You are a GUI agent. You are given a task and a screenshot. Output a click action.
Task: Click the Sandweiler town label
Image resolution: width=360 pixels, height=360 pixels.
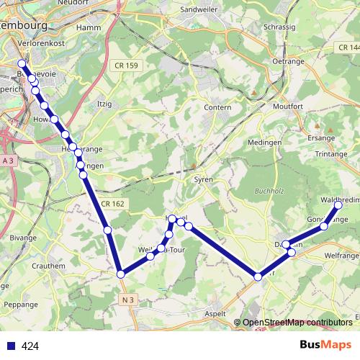click(198, 9)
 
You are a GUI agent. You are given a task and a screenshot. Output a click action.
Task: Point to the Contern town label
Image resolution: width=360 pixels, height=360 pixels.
click(217, 107)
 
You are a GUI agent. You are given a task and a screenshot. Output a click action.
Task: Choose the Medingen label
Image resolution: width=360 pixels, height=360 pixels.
click(264, 143)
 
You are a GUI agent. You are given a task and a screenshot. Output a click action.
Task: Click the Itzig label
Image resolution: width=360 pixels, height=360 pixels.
click(105, 104)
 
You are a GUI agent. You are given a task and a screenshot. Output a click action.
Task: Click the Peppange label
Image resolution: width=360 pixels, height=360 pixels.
click(22, 305)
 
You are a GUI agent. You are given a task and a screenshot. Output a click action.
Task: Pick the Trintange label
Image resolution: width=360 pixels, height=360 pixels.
click(330, 155)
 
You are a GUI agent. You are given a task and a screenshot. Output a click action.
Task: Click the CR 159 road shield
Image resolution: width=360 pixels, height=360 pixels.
click(130, 66)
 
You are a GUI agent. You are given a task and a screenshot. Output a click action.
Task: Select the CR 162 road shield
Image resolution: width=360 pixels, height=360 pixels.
click(112, 204)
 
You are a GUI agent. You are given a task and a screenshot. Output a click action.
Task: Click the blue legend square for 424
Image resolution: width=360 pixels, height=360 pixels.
click(12, 346)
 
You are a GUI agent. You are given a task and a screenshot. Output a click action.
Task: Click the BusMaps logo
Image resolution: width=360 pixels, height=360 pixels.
click(326, 346)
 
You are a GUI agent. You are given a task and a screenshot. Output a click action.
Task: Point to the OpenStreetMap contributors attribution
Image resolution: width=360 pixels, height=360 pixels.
click(297, 323)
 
